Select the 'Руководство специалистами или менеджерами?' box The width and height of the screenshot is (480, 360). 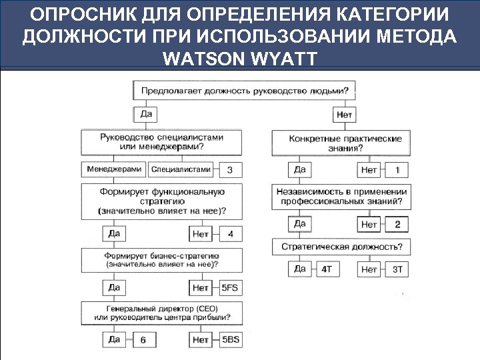tap(161, 141)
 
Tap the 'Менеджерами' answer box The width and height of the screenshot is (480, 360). tap(114, 169)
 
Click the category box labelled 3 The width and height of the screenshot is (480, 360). tap(230, 170)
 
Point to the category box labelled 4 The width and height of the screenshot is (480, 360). tap(231, 234)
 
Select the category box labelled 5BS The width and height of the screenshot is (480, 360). tap(230, 339)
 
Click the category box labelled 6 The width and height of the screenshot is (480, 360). tap(143, 340)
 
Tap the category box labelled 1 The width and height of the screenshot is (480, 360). tap(397, 170)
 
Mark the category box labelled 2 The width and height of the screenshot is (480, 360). tap(397, 224)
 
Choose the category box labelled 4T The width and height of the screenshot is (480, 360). tap(327, 269)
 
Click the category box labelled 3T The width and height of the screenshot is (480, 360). tap(397, 269)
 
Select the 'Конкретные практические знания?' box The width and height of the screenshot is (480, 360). tap(345, 143)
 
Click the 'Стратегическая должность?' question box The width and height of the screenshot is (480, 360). tap(341, 247)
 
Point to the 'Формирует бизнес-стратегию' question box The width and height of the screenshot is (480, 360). tap(161, 260)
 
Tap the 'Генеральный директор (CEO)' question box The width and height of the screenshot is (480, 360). tap(161, 313)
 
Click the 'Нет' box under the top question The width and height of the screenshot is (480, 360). tap(345, 115)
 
